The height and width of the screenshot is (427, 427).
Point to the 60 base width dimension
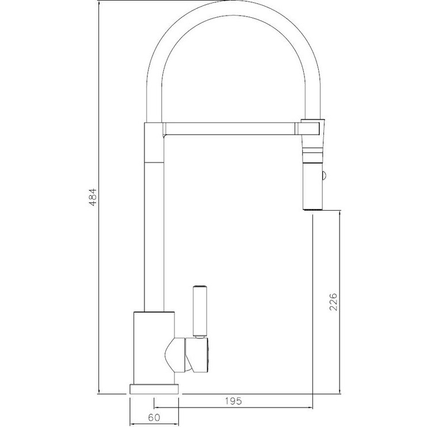(x=154, y=417)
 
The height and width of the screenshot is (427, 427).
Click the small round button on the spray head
(x=324, y=176)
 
